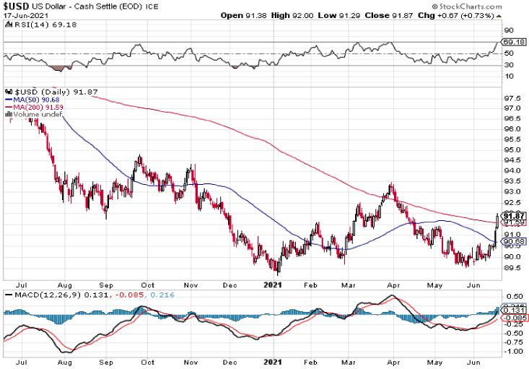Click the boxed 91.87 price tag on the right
tap(512, 215)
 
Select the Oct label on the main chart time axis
tap(147, 283)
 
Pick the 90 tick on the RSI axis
tap(508, 31)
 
